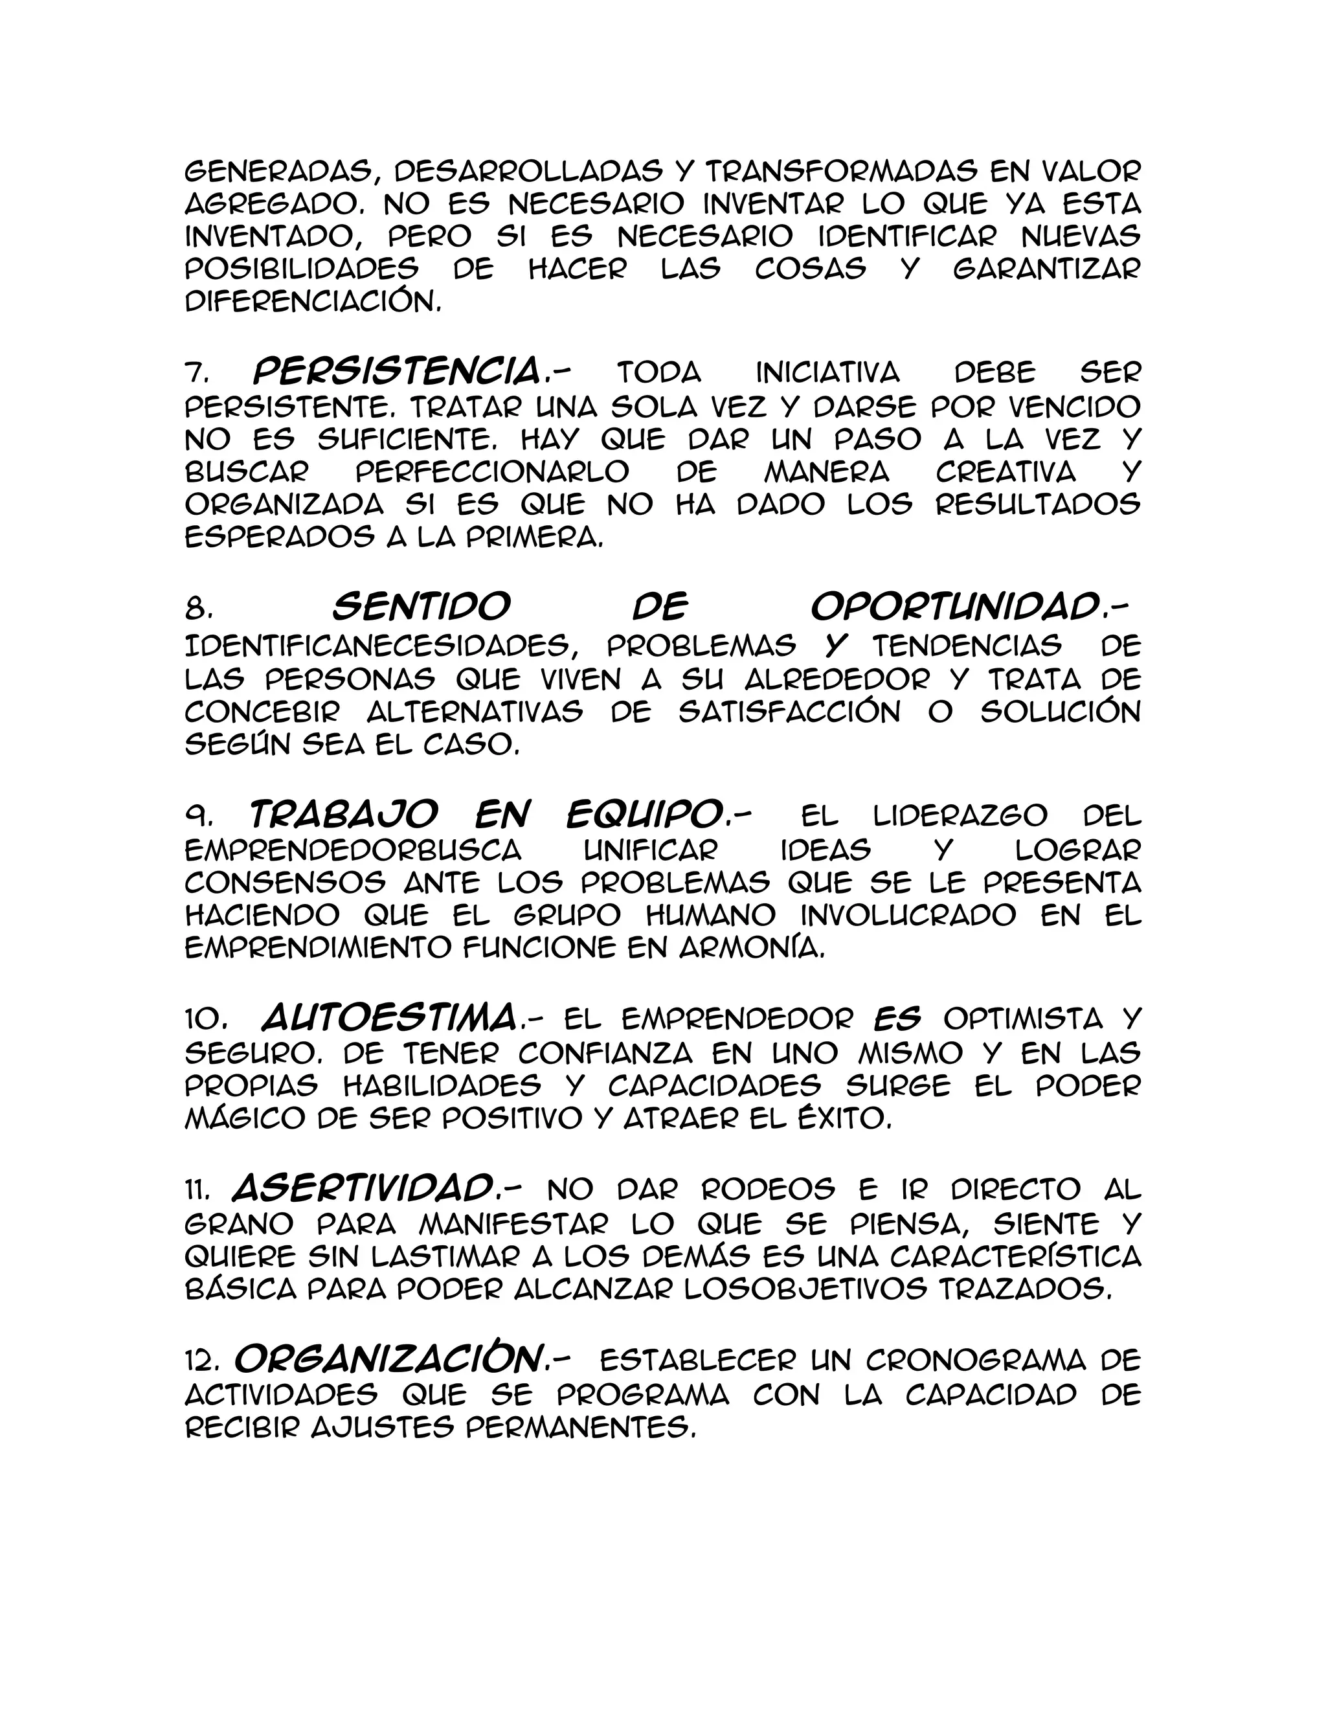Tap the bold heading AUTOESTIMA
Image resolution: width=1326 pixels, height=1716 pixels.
coord(388,1019)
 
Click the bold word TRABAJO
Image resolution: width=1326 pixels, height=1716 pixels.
coord(342,815)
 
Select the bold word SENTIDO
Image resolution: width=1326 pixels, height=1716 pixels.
coord(421,607)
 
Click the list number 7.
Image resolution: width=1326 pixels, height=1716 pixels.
coord(195,372)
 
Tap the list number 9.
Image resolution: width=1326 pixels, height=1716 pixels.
coord(196,817)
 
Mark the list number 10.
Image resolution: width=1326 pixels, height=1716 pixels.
coord(206,1020)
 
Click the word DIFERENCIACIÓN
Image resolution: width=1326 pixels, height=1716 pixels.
coord(311,302)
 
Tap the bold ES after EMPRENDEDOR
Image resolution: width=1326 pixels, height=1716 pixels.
coord(898,1019)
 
